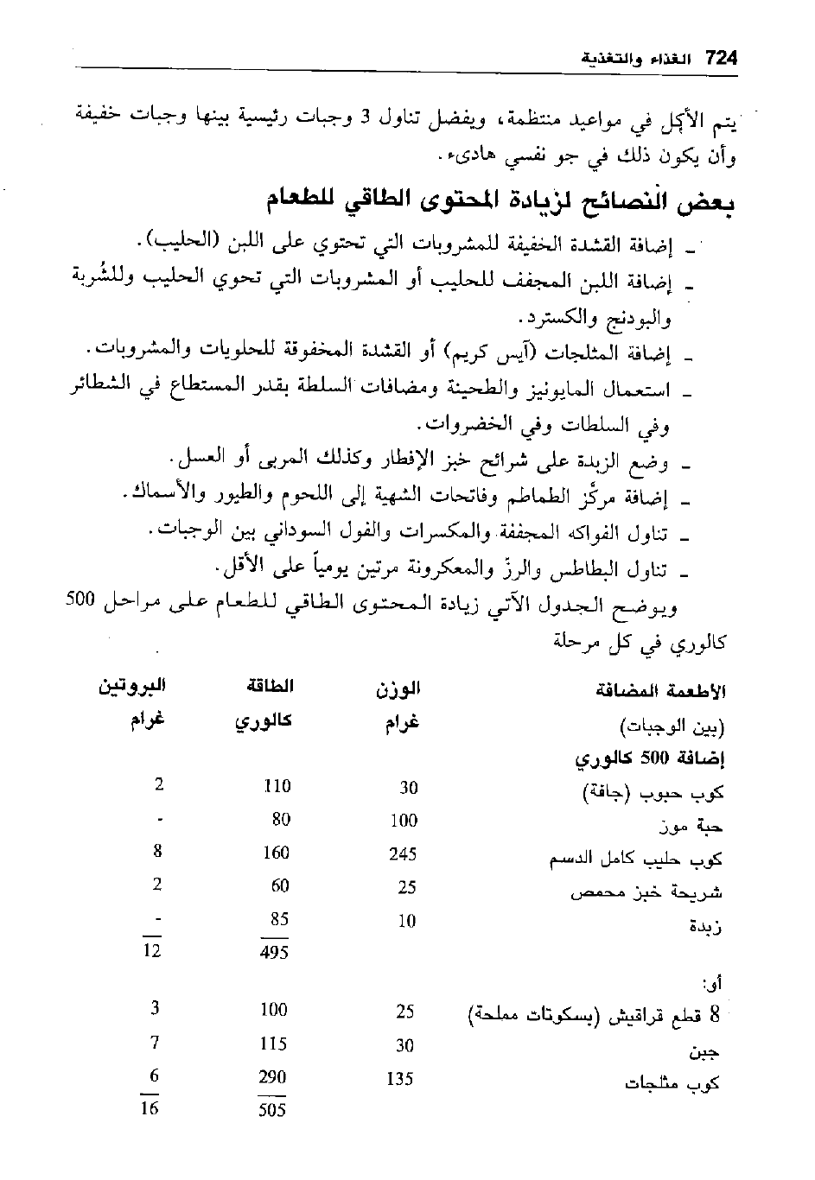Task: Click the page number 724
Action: pos(720,59)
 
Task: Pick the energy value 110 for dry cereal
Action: pos(276,787)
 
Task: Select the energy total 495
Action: pos(273,953)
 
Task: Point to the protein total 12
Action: pos(152,951)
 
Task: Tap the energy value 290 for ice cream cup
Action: pos(273,1077)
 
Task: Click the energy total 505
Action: pos(271,1110)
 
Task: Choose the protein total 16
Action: pos(150,1108)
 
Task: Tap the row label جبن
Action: pos(705,1052)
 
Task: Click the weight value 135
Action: pos(399,1079)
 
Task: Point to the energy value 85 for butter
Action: pos(278,919)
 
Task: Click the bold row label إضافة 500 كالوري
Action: pos(651,759)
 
